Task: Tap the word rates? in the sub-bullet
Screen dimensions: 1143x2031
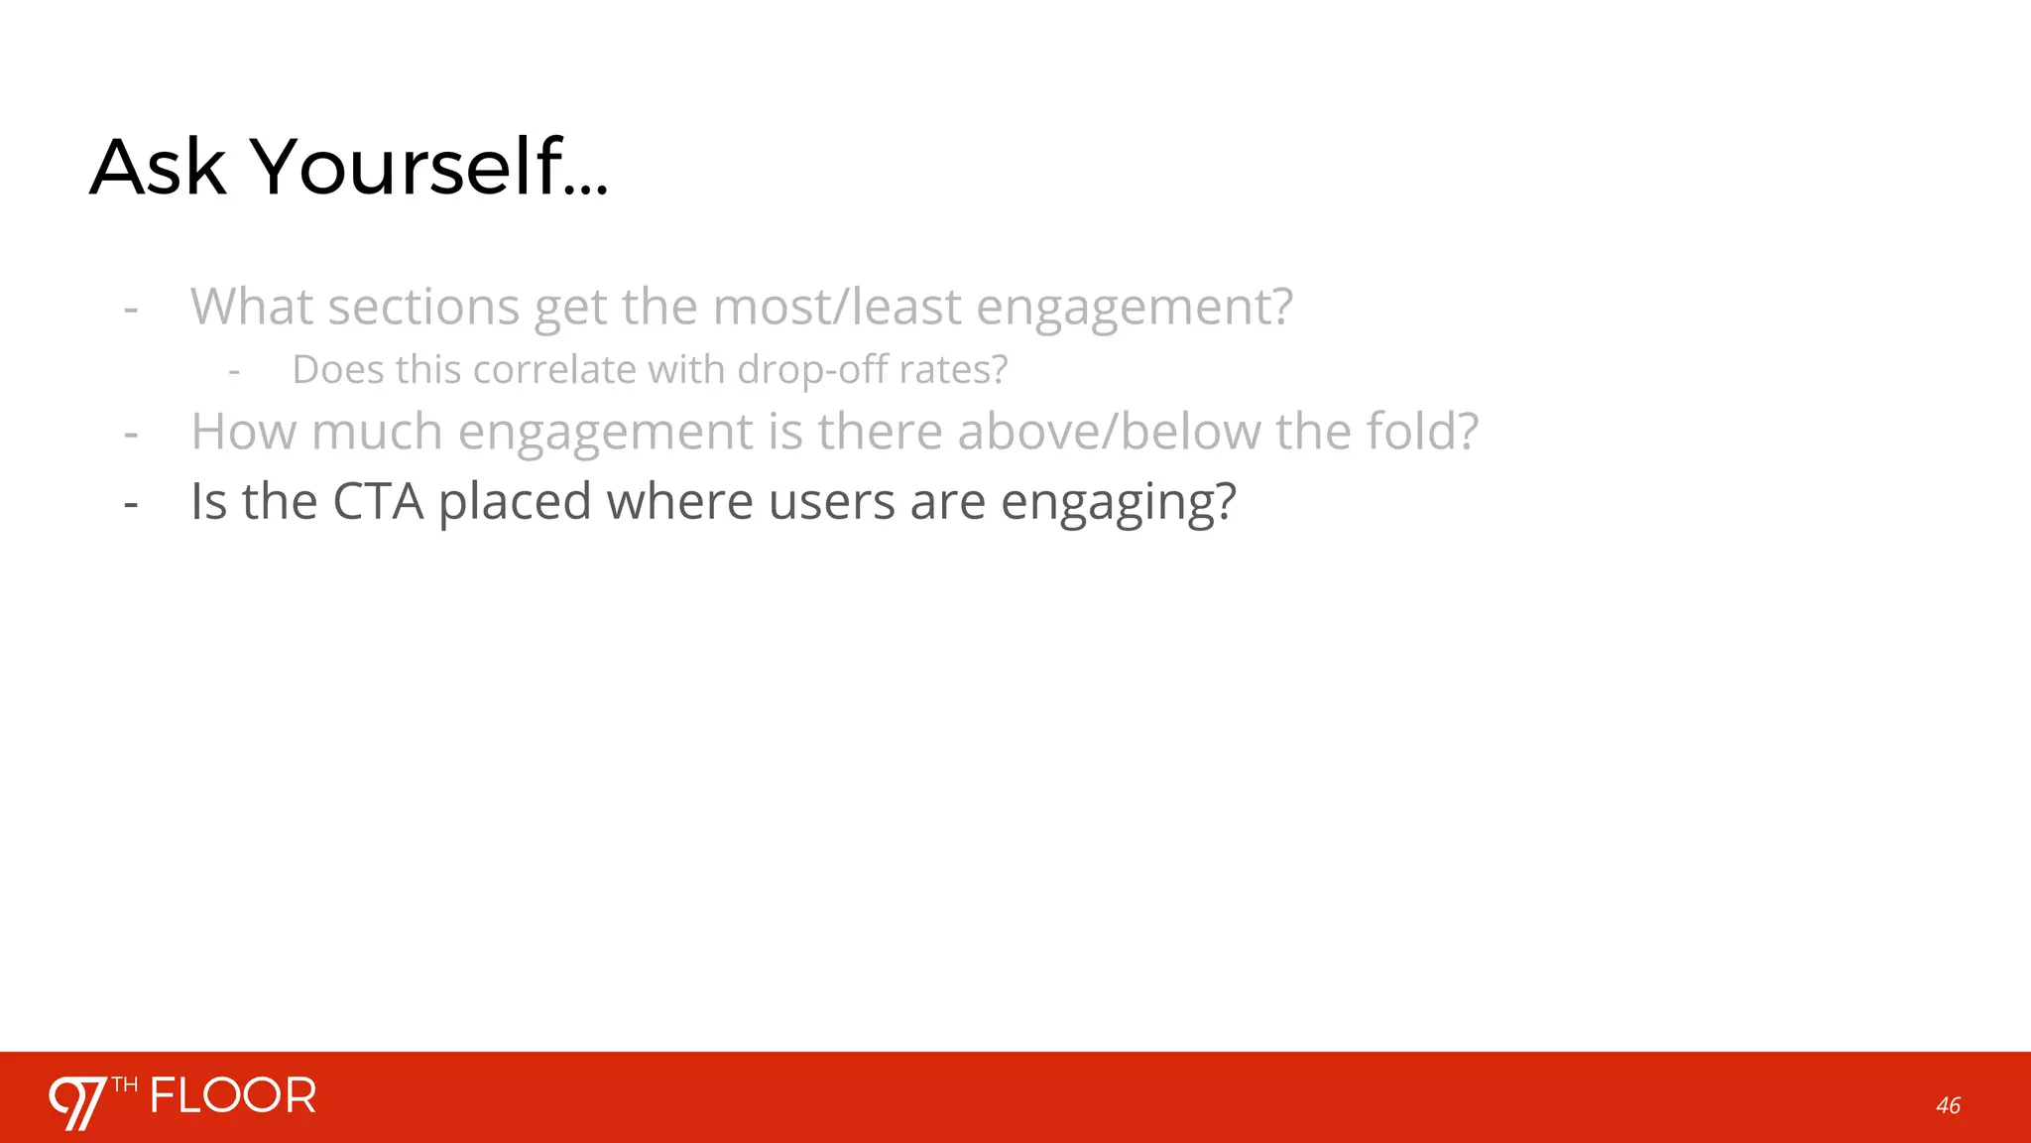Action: [x=953, y=370]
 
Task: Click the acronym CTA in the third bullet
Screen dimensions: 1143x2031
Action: [x=378, y=501]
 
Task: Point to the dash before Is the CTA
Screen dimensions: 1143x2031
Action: [x=131, y=504]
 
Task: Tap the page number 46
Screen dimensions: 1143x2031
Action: [x=1948, y=1105]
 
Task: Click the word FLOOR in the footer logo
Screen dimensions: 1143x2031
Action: [x=233, y=1096]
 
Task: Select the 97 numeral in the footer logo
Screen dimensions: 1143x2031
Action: [x=77, y=1102]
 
